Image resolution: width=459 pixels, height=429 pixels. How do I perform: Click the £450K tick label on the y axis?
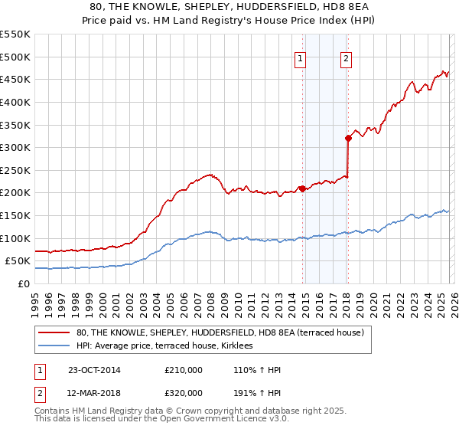[15, 79]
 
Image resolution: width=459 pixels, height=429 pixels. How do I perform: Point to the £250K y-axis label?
[15, 170]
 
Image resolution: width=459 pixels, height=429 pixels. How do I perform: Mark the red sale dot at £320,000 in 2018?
[348, 139]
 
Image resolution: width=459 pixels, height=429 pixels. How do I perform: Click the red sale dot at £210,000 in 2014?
[302, 188]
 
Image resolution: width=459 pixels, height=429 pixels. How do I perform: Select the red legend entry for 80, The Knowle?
[223, 332]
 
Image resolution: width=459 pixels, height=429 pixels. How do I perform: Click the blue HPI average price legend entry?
[170, 346]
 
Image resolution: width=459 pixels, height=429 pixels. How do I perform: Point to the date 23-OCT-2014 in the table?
[93, 370]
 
